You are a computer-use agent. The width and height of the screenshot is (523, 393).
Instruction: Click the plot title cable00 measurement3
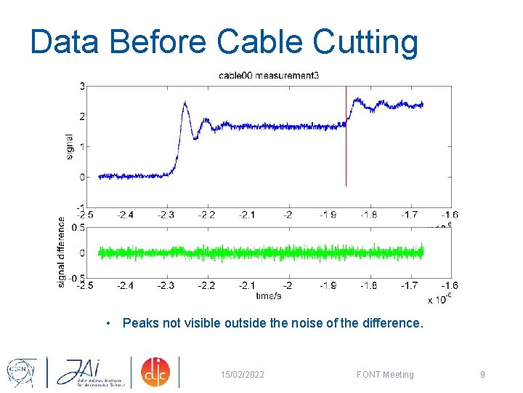coord(268,76)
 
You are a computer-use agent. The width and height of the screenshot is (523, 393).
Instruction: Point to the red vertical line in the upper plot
coord(346,146)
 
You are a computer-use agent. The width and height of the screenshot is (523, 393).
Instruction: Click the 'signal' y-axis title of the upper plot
coord(70,146)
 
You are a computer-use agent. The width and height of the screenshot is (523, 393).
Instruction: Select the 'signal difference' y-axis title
coord(62,251)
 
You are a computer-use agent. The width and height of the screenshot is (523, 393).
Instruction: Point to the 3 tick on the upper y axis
coord(83,86)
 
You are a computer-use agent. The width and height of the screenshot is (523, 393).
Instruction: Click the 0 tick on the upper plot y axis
coord(83,177)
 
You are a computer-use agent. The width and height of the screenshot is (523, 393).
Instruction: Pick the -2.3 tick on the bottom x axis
coord(166,285)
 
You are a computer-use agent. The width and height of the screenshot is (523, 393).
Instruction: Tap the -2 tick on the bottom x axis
coord(288,285)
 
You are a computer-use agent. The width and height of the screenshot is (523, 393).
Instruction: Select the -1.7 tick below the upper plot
coord(410,215)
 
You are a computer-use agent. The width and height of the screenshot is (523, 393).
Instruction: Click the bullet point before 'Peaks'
coord(108,322)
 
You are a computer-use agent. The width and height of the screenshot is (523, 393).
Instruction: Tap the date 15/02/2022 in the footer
coord(243,375)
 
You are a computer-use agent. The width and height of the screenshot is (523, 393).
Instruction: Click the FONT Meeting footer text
coord(385,375)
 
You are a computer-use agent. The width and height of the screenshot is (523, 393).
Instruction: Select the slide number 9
coord(482,375)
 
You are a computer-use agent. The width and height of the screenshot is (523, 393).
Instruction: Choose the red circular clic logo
coord(154,372)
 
